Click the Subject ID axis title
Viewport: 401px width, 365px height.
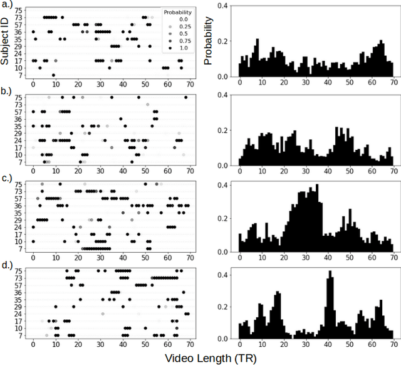(x=6, y=40)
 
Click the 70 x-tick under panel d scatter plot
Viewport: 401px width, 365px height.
(x=190, y=345)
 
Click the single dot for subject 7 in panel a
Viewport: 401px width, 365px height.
(x=53, y=75)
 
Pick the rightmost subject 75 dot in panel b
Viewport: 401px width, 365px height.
(x=185, y=97)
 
